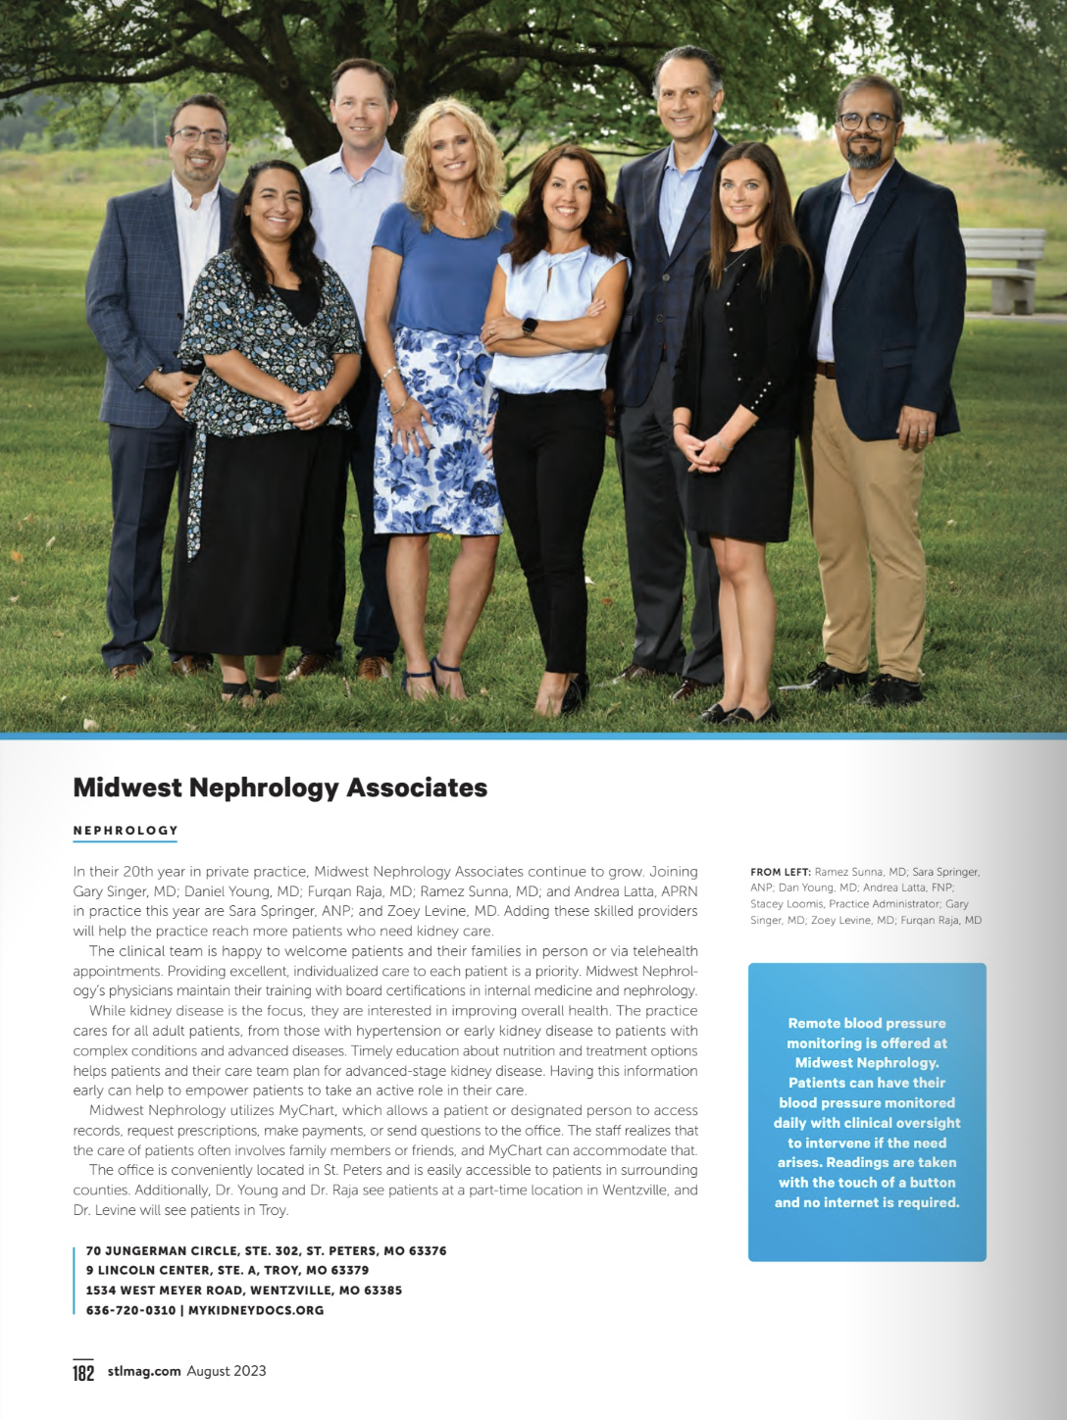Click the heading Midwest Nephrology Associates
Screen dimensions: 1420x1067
[x=279, y=787]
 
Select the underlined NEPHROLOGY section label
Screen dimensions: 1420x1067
[x=126, y=831]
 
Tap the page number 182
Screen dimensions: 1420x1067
[x=83, y=1372]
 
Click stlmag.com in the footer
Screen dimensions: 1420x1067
[x=144, y=1371]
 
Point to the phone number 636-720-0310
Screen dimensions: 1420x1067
[x=130, y=1310]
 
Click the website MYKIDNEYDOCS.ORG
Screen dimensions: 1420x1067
[x=256, y=1310]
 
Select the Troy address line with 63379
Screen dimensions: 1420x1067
[x=228, y=1270]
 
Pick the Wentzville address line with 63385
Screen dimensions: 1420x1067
[x=244, y=1291]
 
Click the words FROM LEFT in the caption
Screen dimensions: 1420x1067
[x=780, y=872]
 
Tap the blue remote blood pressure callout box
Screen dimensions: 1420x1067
[x=867, y=1112]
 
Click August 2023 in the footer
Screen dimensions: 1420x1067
[x=227, y=1371]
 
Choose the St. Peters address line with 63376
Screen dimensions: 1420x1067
[x=266, y=1250]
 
